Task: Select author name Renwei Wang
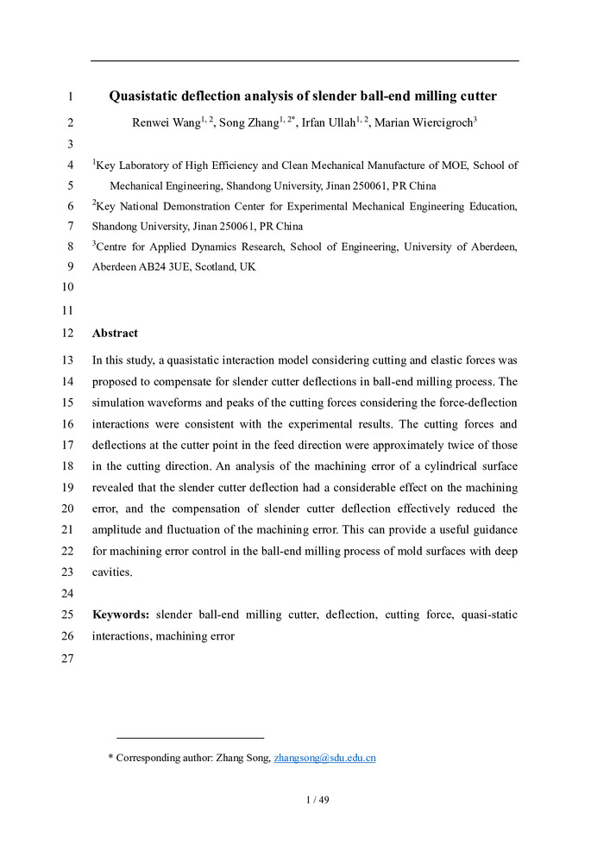(x=165, y=122)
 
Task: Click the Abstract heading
(x=115, y=333)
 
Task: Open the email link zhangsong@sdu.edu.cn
(x=324, y=759)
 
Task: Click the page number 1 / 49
(x=318, y=799)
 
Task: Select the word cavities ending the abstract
(x=113, y=571)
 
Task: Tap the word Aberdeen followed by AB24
(x=112, y=267)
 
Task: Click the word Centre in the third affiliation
(x=115, y=247)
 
